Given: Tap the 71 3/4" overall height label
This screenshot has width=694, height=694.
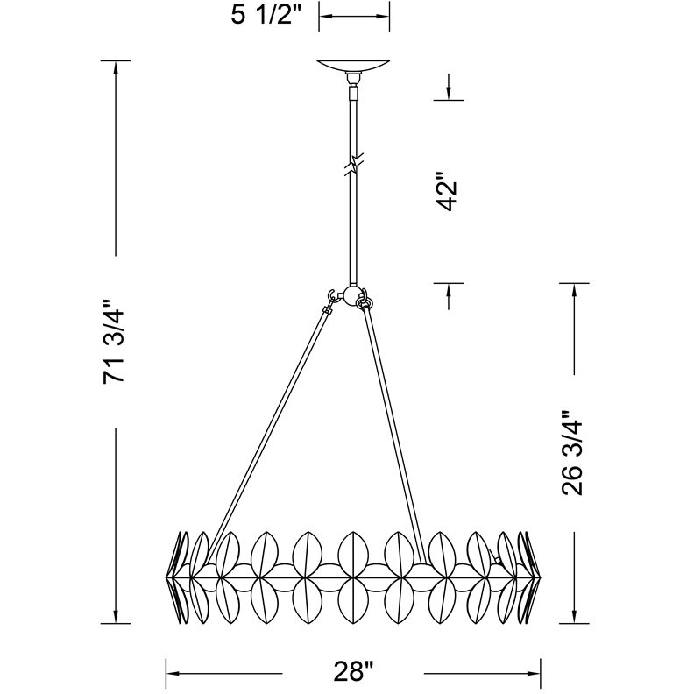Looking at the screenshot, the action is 114,342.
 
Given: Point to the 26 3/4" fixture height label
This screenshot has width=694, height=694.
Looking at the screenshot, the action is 572,453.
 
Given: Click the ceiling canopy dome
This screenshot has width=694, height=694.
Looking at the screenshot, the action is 354,66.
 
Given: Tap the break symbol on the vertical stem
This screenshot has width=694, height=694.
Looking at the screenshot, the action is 354,164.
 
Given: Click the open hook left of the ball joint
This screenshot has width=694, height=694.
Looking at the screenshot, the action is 334,295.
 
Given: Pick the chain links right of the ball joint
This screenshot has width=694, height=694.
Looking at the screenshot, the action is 364,298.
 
